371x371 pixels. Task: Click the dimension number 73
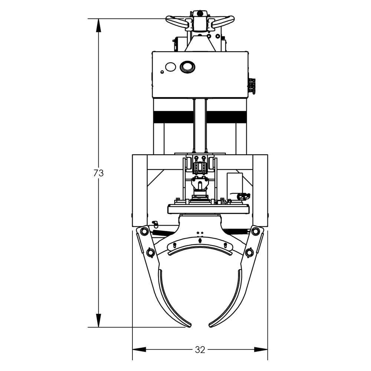tap(98, 173)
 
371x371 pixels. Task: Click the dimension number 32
tap(200, 349)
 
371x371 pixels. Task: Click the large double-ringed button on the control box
tap(187, 67)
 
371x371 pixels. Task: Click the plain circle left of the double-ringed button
tap(170, 67)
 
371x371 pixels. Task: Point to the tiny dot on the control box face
tap(162, 72)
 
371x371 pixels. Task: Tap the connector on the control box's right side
tap(252, 86)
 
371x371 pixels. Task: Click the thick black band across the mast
tap(200, 116)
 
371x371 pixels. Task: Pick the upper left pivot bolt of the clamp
tap(144, 232)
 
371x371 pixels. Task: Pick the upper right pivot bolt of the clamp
tap(255, 232)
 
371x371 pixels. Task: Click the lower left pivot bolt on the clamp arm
tap(150, 253)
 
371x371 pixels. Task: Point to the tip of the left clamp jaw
tap(189, 326)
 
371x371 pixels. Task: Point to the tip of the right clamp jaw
tap(211, 326)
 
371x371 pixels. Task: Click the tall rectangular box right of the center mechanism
tap(235, 184)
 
